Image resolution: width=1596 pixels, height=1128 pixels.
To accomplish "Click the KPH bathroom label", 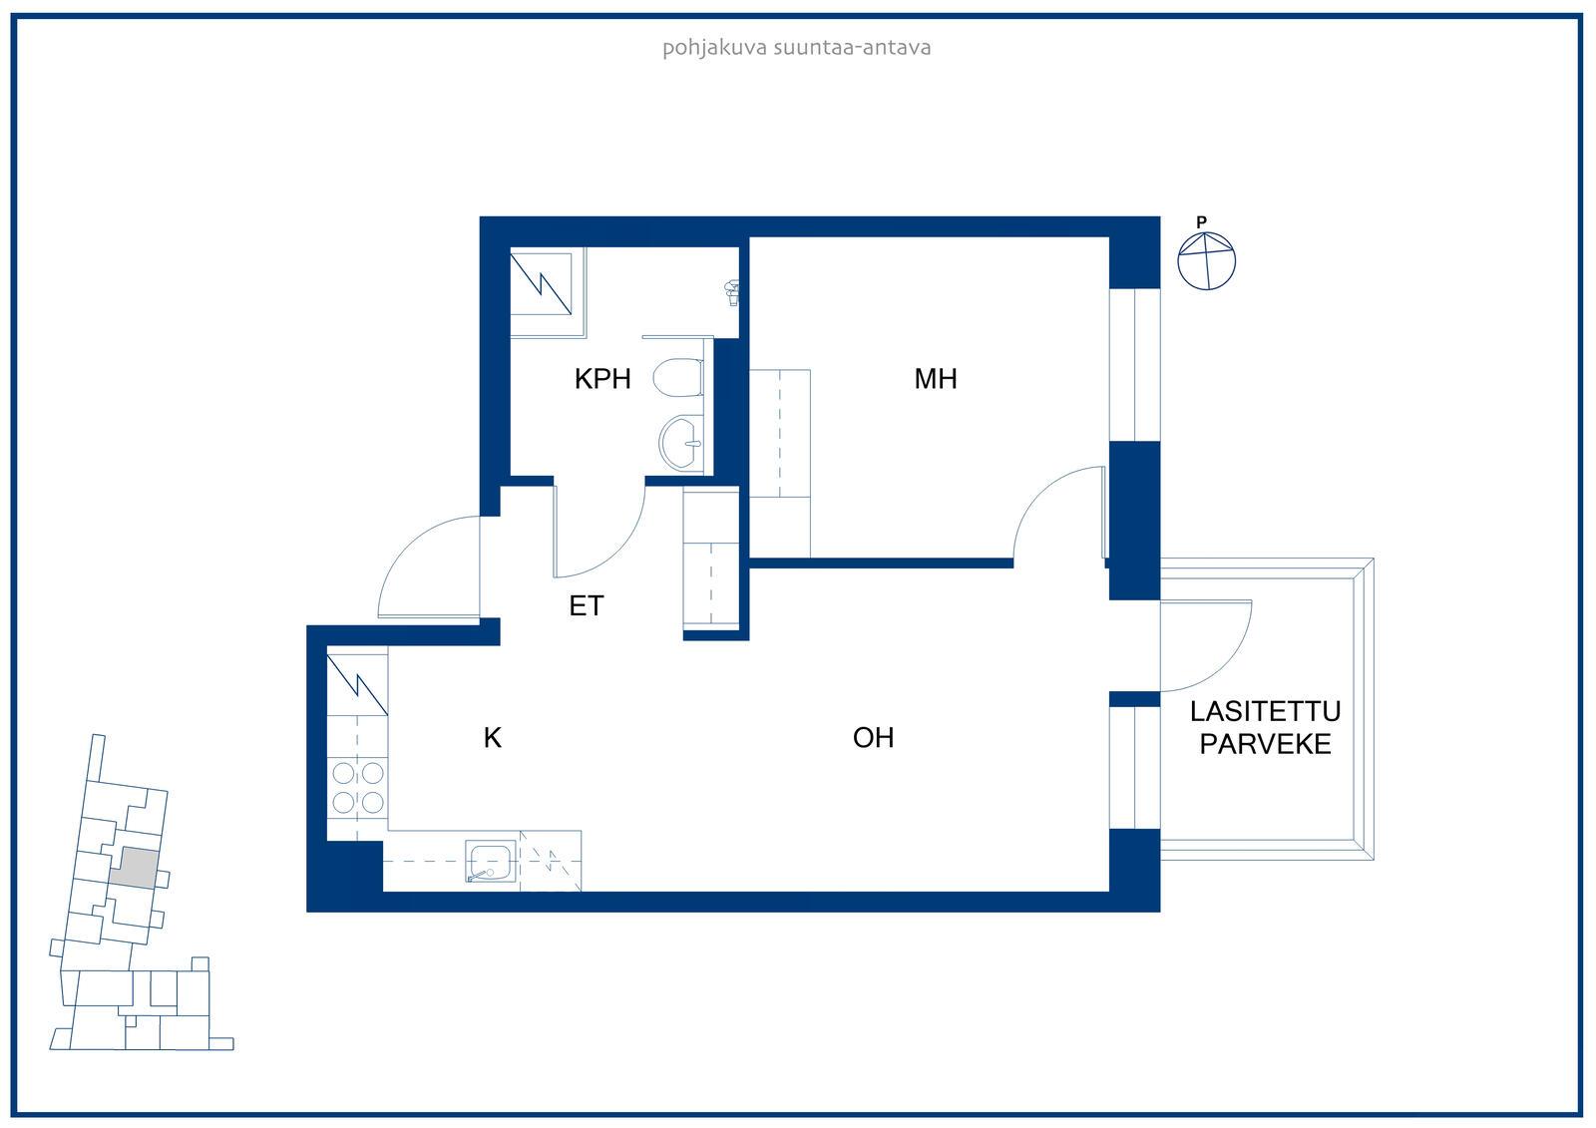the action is tap(602, 378).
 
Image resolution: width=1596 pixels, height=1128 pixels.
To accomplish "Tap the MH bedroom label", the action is tap(935, 378).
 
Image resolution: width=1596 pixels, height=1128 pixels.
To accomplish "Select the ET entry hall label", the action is tap(587, 605).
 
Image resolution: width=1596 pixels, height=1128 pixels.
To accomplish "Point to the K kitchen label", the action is tap(493, 737).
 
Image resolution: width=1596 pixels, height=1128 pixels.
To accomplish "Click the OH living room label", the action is tap(873, 737).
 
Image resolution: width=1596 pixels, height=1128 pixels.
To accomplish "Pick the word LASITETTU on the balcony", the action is tap(1265, 711).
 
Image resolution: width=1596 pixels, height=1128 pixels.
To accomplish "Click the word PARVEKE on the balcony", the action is tap(1265, 744).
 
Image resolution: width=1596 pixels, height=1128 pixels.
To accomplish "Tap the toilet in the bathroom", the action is tap(678, 378).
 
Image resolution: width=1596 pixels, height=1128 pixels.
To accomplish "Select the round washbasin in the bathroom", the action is tap(681, 443).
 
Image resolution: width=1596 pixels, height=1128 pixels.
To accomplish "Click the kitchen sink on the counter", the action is tap(490, 862).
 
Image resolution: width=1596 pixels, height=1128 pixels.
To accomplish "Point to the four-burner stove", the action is tap(358, 787).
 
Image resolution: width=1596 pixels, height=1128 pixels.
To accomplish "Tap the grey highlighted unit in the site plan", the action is tap(134, 868).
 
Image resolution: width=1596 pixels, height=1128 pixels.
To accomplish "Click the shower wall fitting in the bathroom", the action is tap(731, 292).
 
